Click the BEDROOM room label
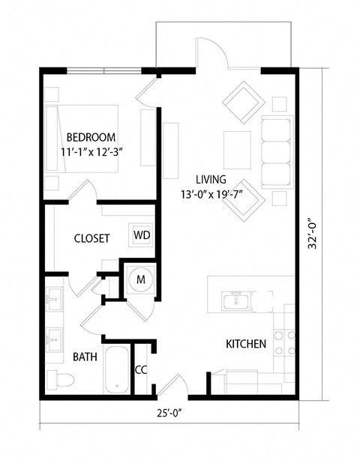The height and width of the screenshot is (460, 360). click(x=91, y=137)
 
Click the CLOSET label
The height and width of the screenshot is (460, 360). click(x=91, y=239)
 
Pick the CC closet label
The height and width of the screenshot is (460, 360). click(x=140, y=369)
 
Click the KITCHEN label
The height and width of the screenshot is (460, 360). click(x=247, y=345)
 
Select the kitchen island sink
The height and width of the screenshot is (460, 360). click(x=235, y=301)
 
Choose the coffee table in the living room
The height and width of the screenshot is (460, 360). click(x=237, y=144)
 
